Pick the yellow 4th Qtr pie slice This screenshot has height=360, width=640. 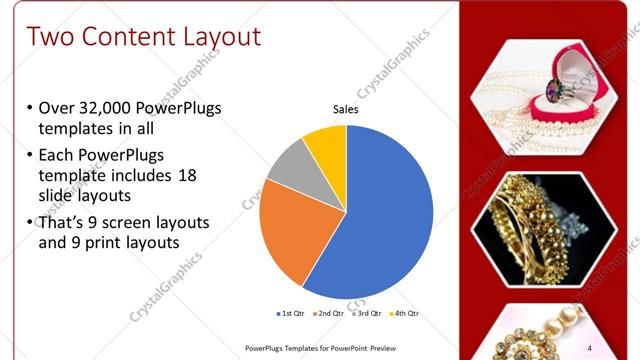point(326,145)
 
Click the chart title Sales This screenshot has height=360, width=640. point(345,110)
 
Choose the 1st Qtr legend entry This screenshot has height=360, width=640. point(293,313)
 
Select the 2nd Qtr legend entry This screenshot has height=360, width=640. point(331,313)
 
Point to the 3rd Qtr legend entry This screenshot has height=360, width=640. point(368,313)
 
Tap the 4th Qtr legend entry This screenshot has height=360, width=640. point(404,313)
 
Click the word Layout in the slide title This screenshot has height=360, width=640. point(221,37)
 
